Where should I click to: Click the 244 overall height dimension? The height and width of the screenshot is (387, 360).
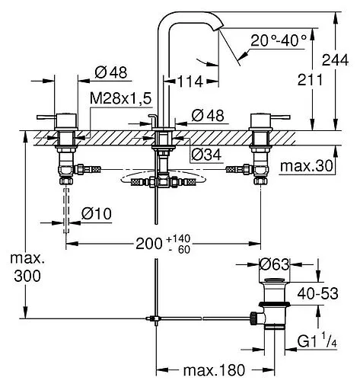335,60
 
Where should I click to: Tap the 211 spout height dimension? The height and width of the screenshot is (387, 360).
310,79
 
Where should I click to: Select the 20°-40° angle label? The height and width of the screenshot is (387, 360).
279,40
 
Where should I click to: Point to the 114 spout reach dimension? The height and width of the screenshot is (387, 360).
190,82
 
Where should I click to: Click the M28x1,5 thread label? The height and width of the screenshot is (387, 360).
121,98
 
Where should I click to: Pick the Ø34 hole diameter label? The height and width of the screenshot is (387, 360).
206,155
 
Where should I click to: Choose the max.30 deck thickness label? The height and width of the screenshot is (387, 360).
306,166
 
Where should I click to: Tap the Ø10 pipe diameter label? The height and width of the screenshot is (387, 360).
97,213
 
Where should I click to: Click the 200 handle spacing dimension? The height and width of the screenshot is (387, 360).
149,244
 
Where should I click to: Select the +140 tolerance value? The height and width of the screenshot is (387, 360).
178,238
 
